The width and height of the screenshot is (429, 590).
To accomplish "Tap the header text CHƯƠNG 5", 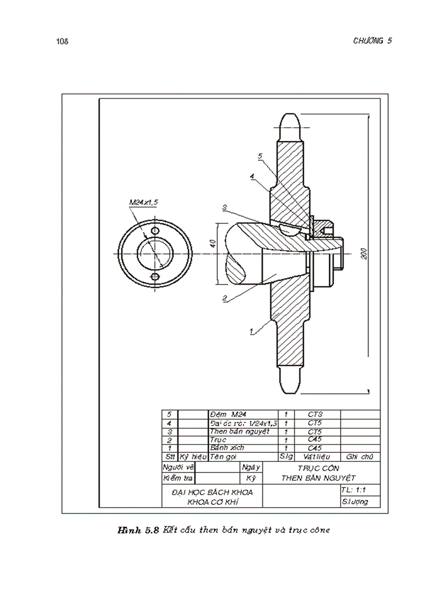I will tap(372, 41).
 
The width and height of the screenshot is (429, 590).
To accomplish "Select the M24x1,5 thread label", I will tap(144, 202).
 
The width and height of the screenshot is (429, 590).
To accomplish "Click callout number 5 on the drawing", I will tap(260, 156).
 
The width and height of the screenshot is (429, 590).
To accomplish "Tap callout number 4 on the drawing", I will tap(252, 177).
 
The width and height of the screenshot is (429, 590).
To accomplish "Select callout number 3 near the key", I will tap(224, 208).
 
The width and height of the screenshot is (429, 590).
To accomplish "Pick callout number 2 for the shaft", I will tap(224, 298).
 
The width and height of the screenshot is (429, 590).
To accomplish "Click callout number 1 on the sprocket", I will tap(252, 331).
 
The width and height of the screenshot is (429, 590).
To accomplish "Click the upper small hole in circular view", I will tap(155, 231).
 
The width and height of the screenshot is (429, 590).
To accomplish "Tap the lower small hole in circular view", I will tap(155, 276).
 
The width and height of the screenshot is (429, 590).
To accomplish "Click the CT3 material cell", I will tap(314, 415).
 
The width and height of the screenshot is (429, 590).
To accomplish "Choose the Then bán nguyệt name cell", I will tap(239, 431).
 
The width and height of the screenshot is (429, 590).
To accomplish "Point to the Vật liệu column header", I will tap(314, 457).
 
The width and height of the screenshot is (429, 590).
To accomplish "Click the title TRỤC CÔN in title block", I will tap(318, 468).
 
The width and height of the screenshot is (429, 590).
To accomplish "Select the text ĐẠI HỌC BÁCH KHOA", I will tap(212, 492).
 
